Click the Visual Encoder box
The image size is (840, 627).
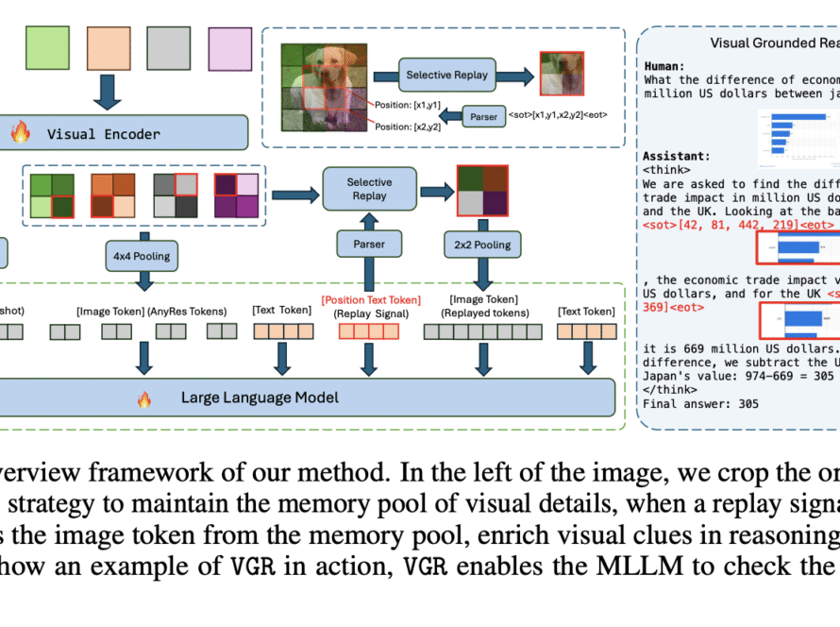pyautogui.click(x=123, y=133)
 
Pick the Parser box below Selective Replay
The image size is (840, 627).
pyautogui.click(x=369, y=246)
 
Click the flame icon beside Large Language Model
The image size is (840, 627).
pyautogui.click(x=143, y=399)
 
